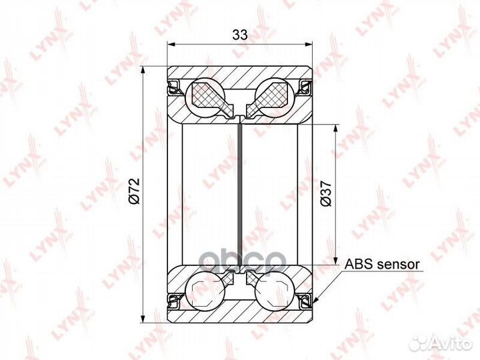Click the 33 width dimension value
click(240, 35)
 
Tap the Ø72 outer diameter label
click(135, 191)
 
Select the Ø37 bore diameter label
click(326, 194)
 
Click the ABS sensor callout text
click(382, 264)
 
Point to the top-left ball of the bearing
click(205, 97)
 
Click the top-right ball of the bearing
click(274, 97)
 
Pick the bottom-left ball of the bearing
click(205, 291)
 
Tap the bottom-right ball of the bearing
click(274, 291)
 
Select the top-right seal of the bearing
click(305, 87)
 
